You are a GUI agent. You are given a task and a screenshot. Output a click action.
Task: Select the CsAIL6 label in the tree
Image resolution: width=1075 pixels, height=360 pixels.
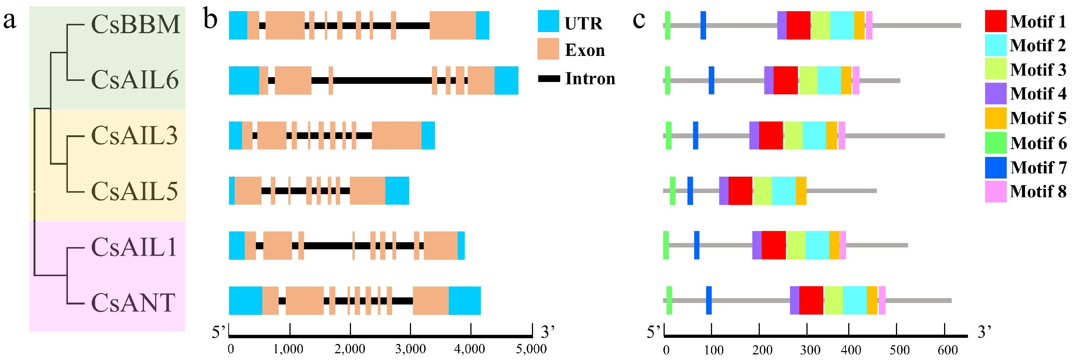point(134,80)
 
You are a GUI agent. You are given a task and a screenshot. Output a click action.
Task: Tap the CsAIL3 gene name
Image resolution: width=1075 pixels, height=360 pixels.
point(134,136)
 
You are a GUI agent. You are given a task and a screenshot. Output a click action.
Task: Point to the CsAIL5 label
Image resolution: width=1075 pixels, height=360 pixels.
point(134,191)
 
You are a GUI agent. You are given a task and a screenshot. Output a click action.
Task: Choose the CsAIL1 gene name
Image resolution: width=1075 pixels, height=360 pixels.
point(134,247)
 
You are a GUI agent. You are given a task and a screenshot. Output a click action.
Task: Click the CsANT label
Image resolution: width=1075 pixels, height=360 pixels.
point(133,303)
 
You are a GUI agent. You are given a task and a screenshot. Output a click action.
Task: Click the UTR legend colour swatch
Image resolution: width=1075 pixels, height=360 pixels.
point(548,21)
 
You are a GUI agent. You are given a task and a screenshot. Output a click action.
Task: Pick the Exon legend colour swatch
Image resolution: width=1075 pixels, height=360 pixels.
point(548,49)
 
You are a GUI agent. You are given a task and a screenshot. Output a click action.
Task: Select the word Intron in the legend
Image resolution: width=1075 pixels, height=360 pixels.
point(590,78)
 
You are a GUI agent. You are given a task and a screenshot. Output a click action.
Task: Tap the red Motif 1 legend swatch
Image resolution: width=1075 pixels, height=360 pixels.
point(995,21)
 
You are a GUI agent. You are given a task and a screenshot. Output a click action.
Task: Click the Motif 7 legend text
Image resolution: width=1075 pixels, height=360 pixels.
point(1038,167)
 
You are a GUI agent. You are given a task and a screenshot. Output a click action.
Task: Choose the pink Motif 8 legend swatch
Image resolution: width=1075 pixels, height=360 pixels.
point(995,192)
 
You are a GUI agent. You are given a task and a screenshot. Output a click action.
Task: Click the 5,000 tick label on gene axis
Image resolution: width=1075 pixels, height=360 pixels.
point(531,349)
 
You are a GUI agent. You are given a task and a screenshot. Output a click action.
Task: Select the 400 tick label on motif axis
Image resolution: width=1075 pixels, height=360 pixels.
point(850,350)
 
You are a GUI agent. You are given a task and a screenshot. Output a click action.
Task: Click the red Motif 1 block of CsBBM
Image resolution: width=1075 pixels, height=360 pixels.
point(798,25)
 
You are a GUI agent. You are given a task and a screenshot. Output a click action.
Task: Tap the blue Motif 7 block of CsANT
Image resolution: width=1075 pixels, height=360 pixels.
point(709,300)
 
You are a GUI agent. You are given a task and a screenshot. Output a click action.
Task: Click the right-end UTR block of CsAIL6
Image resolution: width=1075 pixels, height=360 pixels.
point(506,80)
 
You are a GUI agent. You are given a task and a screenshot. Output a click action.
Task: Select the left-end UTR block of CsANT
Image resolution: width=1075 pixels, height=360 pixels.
point(245,300)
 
